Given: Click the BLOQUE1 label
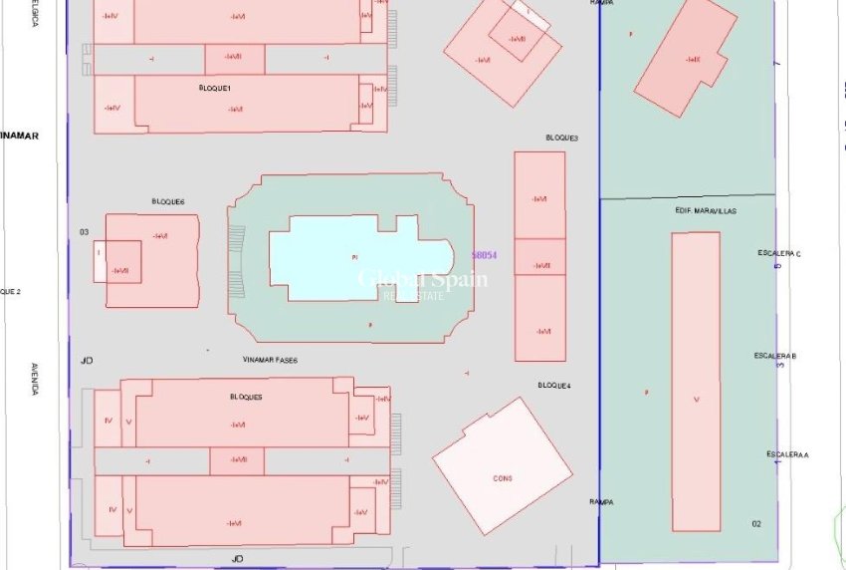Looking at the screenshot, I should click(215, 89).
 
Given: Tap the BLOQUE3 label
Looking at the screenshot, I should click(562, 138).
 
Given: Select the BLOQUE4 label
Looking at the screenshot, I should click(554, 386).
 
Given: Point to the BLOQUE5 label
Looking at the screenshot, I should click(246, 397).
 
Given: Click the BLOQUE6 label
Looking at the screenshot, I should click(168, 201).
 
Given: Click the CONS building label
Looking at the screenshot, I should click(503, 478).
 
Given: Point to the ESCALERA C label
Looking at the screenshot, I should click(778, 254).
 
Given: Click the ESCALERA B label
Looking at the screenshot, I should click(774, 356).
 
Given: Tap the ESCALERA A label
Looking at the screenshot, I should click(787, 454).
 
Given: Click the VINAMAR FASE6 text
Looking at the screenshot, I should click(270, 360).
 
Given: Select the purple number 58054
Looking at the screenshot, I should click(484, 255).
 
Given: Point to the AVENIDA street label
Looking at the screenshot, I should click(34, 379).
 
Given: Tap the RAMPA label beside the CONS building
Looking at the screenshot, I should click(600, 502).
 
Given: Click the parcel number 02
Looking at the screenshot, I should click(756, 523).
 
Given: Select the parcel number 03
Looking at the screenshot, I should click(85, 232).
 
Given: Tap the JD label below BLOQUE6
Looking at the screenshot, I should click(87, 360).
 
